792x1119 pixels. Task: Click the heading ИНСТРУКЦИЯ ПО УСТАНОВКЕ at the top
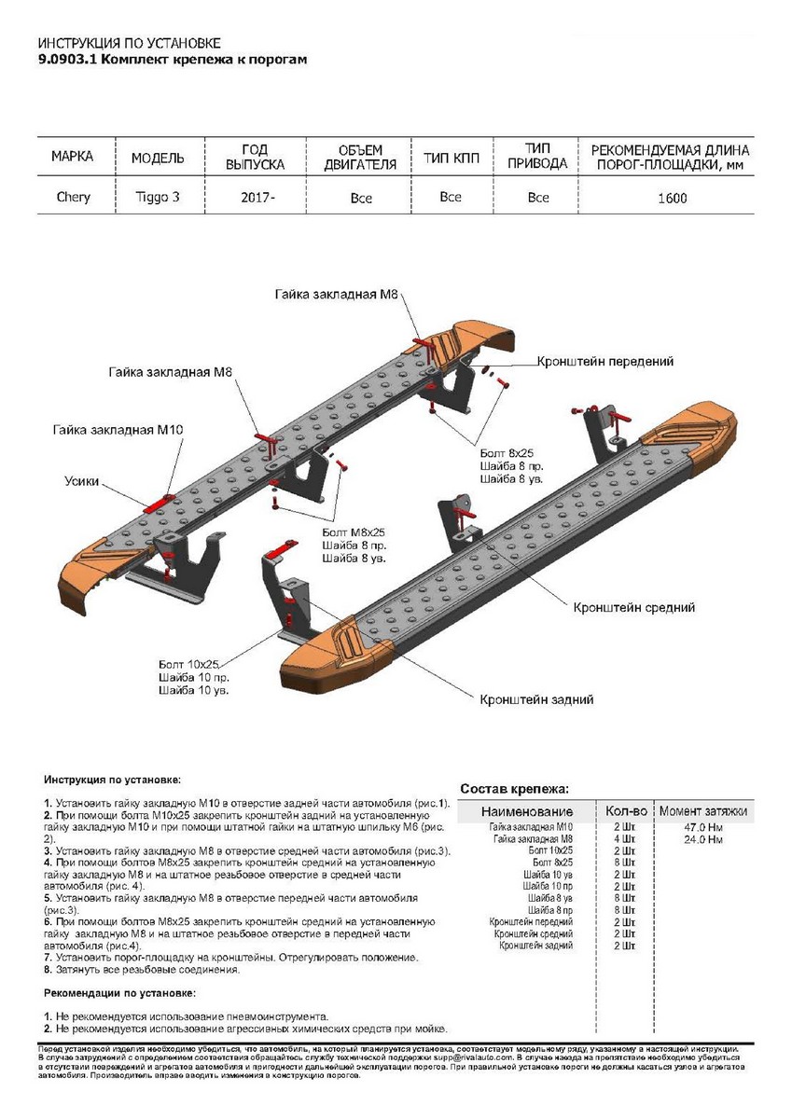(130, 44)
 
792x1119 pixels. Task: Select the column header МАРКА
(72, 157)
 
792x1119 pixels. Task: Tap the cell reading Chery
(74, 198)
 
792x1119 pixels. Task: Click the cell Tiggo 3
(154, 198)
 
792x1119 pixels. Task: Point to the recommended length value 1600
(672, 198)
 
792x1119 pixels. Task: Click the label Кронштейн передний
(604, 361)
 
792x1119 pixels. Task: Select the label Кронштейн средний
(634, 607)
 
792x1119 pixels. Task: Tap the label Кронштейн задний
(536, 698)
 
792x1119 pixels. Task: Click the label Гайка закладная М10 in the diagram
(118, 429)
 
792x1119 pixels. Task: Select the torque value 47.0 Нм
(702, 828)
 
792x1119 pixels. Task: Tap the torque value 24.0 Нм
(702, 839)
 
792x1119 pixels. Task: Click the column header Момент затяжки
(702, 811)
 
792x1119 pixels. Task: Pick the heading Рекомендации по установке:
(119, 993)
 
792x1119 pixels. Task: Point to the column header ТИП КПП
(452, 157)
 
